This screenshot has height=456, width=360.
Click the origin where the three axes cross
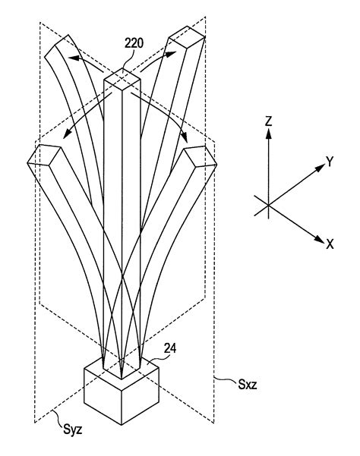(268, 203)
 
